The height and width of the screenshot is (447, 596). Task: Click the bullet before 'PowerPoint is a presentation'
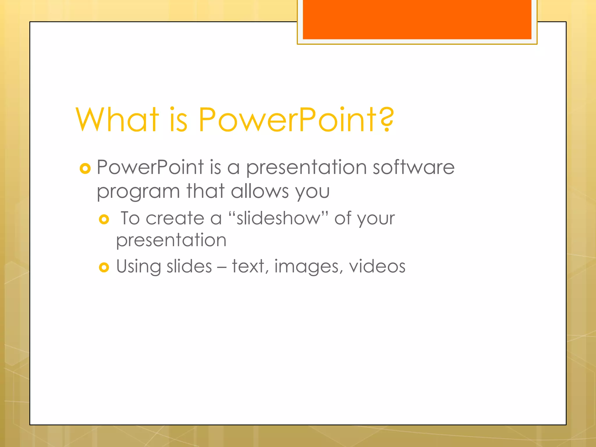pyautogui.click(x=85, y=168)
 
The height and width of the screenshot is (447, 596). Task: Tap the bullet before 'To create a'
pyautogui.click(x=104, y=219)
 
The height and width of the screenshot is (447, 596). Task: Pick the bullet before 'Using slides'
pyautogui.click(x=104, y=267)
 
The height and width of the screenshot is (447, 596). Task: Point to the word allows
pyautogui.click(x=260, y=191)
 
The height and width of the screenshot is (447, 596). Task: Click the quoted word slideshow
pyautogui.click(x=279, y=218)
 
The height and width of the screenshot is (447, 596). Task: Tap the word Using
pyautogui.click(x=139, y=267)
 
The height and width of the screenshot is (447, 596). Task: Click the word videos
pyautogui.click(x=377, y=267)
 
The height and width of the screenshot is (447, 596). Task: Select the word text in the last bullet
pyautogui.click(x=248, y=267)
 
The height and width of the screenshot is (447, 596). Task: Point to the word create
pyautogui.click(x=175, y=218)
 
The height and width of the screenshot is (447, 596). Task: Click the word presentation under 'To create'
pyautogui.click(x=171, y=241)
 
